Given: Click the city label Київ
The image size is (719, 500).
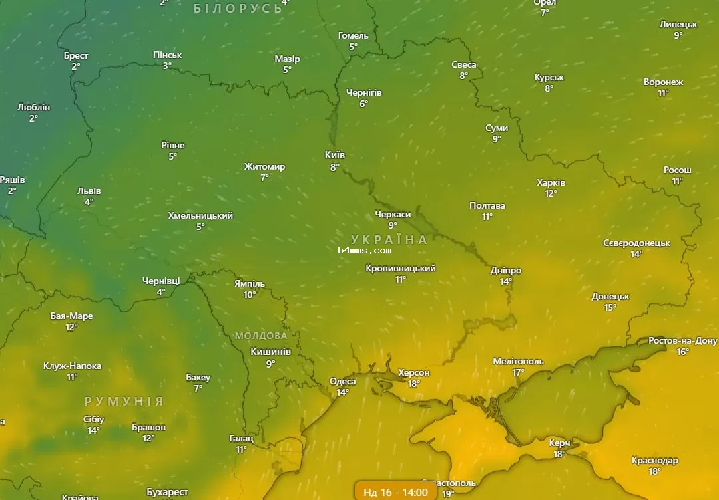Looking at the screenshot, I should [334, 155].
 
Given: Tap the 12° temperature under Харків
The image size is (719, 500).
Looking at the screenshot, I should [551, 194].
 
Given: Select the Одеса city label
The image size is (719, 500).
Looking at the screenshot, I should [342, 381].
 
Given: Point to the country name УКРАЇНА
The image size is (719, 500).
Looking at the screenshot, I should [389, 239].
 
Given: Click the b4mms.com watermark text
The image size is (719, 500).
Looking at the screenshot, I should [364, 251].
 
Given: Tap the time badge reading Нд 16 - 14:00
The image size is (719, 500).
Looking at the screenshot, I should [395, 492].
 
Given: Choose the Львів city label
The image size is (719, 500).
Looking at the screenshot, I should [89, 191].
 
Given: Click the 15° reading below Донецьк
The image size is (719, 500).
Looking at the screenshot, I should [610, 307].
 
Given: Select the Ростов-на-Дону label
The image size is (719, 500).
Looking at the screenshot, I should [683, 341].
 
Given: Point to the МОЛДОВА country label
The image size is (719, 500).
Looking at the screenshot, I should [261, 336].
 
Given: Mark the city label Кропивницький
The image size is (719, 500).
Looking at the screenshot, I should [401, 269].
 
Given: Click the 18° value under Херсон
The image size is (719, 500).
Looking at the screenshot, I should [413, 384].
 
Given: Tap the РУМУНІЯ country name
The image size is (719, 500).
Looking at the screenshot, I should [124, 402].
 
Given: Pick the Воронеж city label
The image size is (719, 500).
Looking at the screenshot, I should [663, 82].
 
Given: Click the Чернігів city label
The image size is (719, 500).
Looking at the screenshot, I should [363, 92].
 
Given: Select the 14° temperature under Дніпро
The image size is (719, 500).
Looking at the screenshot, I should [505, 281].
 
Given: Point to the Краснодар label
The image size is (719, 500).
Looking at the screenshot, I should [654, 461].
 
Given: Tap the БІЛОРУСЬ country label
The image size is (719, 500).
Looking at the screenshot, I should [238, 9].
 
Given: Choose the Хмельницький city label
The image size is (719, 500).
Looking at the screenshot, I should [200, 216].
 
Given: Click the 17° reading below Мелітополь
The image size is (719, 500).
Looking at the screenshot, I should [518, 372].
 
